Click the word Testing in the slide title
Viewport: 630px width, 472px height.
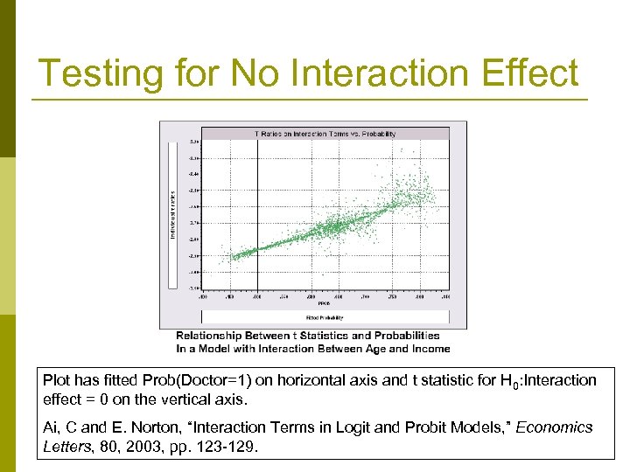99,73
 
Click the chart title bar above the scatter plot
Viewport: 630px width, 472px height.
325,134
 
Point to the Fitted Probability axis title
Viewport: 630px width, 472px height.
325,317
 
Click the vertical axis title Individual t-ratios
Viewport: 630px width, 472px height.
172,214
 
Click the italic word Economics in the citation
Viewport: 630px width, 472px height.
553,427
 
